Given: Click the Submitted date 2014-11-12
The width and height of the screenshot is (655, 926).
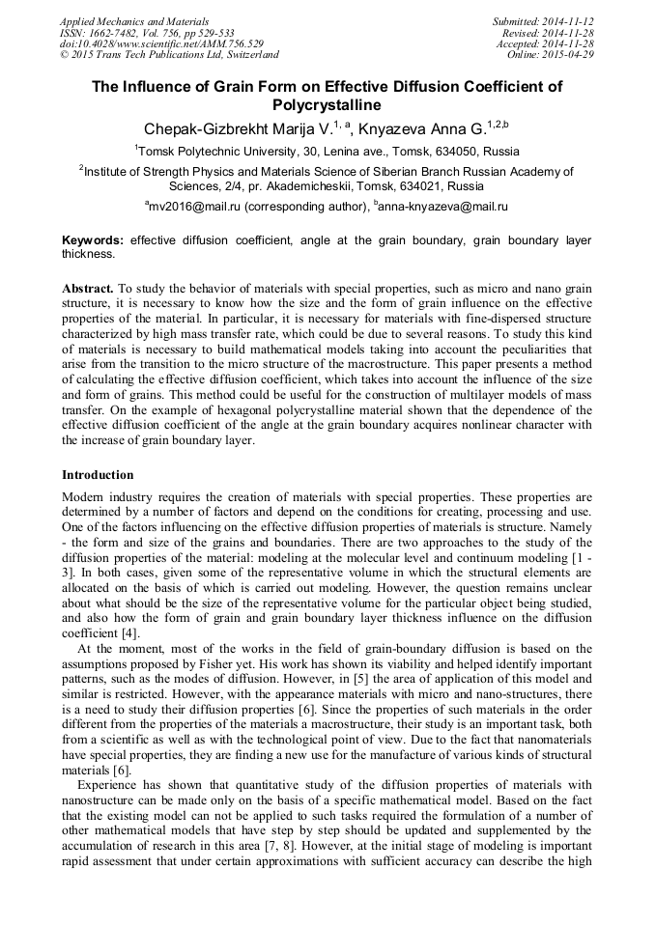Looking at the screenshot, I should (x=566, y=21).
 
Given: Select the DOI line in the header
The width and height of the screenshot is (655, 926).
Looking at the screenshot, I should (x=161, y=43).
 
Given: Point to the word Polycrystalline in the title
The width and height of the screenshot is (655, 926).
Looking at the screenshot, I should (x=327, y=105).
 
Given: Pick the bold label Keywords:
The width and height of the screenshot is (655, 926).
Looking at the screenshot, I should (x=93, y=239).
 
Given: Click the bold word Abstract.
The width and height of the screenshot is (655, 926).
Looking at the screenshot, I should (x=88, y=289).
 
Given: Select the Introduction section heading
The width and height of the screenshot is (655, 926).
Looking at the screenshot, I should (x=98, y=475).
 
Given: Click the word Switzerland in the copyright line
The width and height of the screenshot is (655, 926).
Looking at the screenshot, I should (x=248, y=55).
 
